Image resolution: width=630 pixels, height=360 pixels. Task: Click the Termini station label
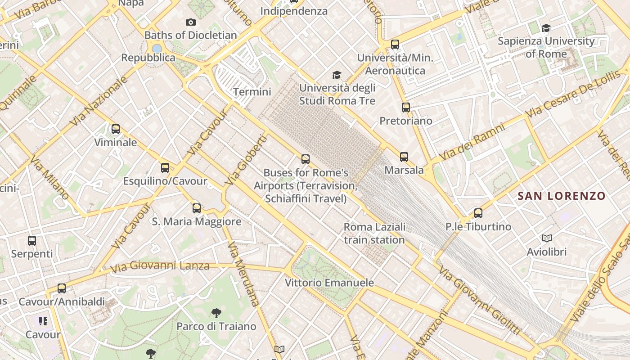point(252,92)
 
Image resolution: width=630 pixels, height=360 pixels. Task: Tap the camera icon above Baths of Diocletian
point(191,22)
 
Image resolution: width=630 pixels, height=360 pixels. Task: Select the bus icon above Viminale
point(116,130)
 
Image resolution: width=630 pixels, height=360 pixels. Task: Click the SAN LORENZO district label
point(562,196)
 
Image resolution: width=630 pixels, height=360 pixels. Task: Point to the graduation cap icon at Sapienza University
point(546,28)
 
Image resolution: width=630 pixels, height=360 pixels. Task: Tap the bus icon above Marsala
point(404,157)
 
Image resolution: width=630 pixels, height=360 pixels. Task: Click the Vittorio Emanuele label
point(329,283)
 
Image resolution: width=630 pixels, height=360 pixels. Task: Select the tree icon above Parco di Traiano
point(216,313)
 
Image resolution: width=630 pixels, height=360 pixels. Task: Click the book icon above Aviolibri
point(547,238)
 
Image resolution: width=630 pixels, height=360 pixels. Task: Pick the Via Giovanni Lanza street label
point(160,266)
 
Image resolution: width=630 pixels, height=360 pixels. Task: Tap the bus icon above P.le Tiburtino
point(478,213)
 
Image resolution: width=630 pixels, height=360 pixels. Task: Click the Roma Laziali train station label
point(374,233)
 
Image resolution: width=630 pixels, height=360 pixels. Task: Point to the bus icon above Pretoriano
point(406,108)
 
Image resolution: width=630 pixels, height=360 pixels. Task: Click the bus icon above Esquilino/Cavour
point(165,168)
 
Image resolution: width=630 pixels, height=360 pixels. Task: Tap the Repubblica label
point(148,58)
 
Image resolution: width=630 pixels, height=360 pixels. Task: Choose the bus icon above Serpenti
point(32,241)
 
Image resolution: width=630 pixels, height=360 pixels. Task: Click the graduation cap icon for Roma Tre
point(337,75)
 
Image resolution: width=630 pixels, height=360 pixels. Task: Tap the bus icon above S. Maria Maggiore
point(197,208)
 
